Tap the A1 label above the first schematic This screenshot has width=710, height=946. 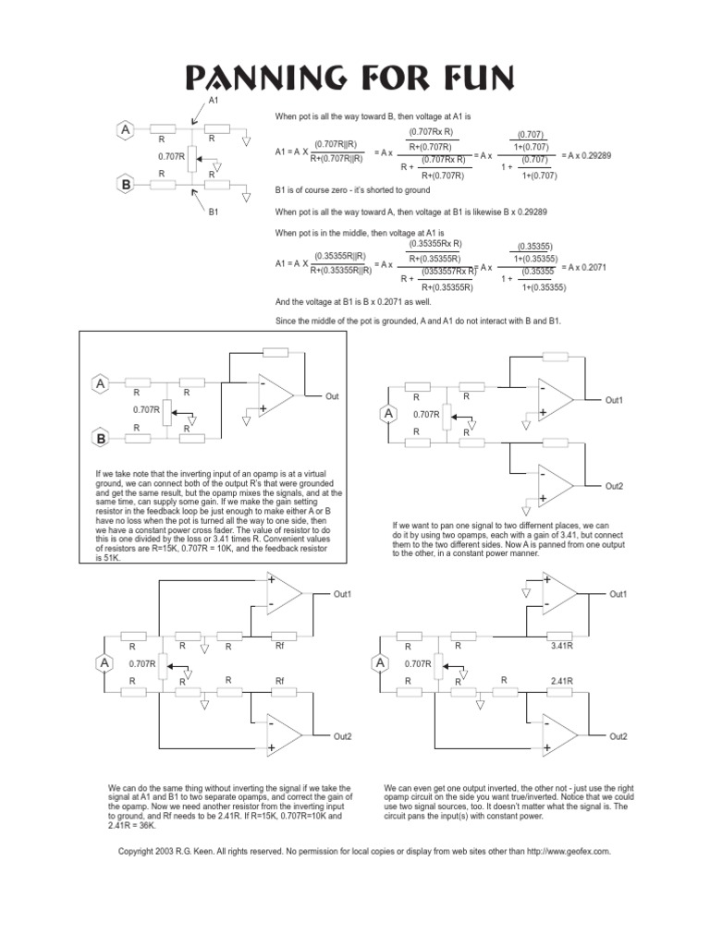tap(214, 99)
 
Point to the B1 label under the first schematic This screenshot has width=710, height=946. tap(214, 212)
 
